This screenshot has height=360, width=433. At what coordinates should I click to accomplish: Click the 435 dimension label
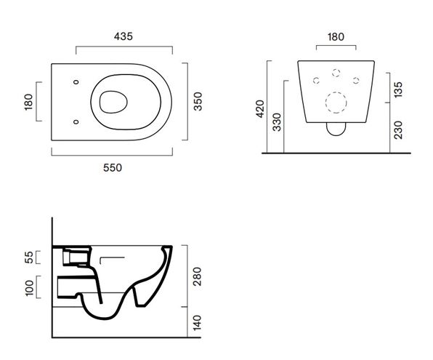[124, 36]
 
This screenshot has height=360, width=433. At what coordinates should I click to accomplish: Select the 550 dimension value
[113, 167]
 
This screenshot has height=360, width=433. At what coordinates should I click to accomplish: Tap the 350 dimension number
[198, 102]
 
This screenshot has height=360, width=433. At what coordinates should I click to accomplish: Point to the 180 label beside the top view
[28, 102]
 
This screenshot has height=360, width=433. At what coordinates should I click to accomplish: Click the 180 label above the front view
[336, 37]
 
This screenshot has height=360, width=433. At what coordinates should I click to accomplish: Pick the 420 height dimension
[260, 109]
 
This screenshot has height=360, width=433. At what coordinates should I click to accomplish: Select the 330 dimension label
[276, 122]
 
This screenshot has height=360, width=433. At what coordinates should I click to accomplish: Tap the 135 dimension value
[398, 89]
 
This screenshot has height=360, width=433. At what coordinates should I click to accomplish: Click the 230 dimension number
[398, 130]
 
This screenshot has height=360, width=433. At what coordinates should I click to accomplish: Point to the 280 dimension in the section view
[197, 276]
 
